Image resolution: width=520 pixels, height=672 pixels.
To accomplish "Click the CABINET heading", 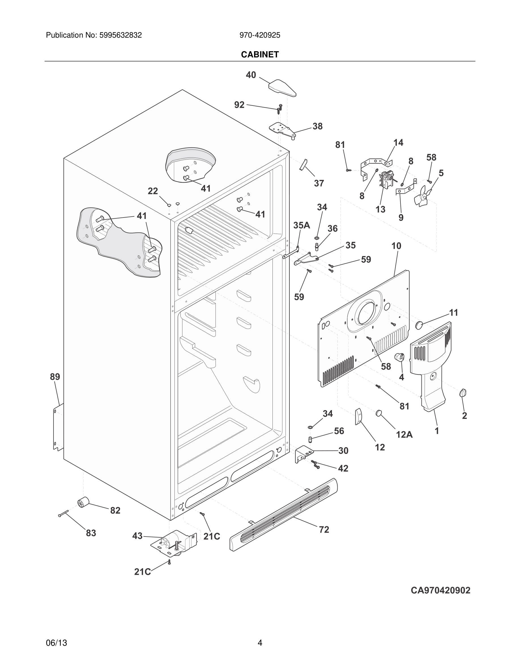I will coord(260,55).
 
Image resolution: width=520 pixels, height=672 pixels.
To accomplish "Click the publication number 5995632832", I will coord(120,35).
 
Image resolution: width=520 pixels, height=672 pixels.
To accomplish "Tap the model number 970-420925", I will coord(260,35).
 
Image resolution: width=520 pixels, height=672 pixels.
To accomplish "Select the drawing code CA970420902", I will coord(440,590).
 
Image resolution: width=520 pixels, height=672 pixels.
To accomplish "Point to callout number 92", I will coord(239,105).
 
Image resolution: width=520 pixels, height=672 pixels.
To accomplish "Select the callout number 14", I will coord(398,143).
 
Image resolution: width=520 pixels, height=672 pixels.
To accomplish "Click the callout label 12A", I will coord(404,434).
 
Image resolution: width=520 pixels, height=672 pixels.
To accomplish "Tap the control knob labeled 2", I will coord(463,393).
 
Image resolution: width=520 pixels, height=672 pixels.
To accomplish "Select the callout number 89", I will coord(55,377).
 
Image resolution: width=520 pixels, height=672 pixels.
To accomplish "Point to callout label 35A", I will coord(301,225).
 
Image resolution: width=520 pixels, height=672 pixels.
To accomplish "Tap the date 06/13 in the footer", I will coord(56,643).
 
